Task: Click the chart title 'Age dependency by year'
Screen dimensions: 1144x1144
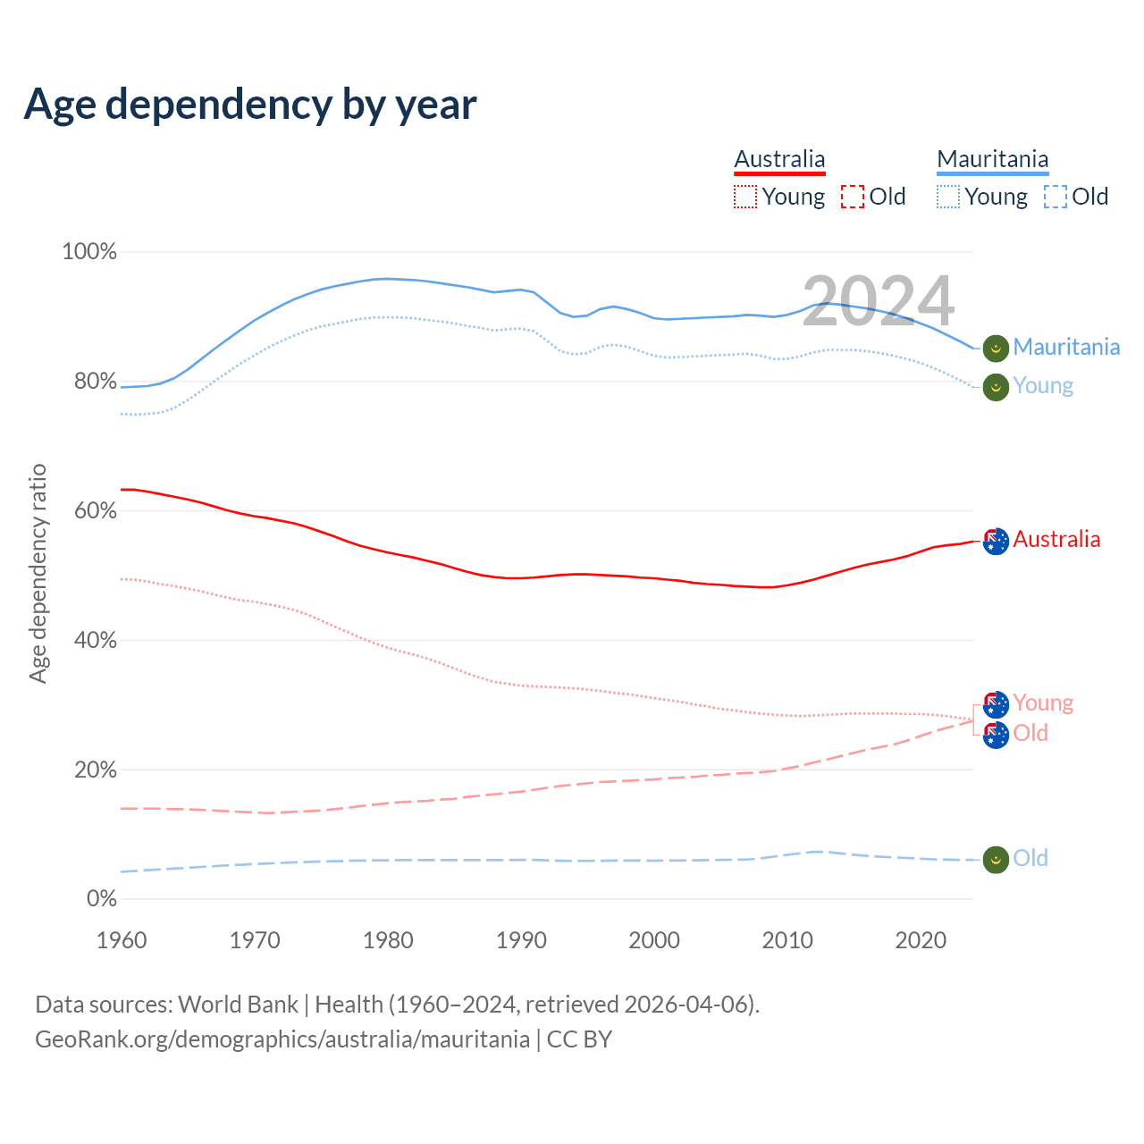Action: [x=250, y=105]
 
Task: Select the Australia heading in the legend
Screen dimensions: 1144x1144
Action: [x=779, y=159]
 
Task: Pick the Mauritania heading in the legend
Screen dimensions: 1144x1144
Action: [x=992, y=159]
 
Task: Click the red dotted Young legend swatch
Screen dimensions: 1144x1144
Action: [x=745, y=197]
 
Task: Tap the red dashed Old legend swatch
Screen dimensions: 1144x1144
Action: [x=853, y=197]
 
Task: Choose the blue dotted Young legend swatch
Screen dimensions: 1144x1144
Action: [x=948, y=197]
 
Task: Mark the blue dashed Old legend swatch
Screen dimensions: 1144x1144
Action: [x=1056, y=197]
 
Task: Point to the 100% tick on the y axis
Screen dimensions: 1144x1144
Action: [x=89, y=252]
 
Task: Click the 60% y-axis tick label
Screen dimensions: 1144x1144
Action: [x=95, y=511]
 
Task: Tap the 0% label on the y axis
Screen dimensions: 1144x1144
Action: [x=102, y=899]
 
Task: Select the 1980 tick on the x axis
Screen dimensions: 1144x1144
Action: [x=388, y=940]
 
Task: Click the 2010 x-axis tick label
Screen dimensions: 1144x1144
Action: [x=787, y=940]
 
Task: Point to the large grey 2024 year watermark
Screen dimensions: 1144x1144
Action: [x=878, y=301]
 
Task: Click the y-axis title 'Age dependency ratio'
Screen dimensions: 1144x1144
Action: [x=38, y=573]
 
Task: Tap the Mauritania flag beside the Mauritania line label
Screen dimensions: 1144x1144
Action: [x=996, y=348]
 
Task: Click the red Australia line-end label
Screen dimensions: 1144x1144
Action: [x=1056, y=539]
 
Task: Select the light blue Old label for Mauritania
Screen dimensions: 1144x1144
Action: [x=1030, y=858]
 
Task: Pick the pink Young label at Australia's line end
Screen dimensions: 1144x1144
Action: [x=1043, y=702]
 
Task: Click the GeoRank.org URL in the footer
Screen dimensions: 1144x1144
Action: [x=282, y=1039]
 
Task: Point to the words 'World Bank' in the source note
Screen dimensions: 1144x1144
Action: [x=238, y=1005]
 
